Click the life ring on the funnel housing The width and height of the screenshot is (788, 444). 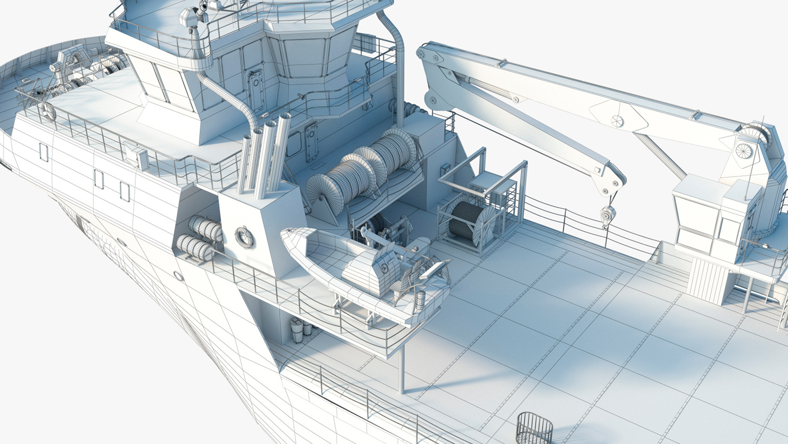point(244,237)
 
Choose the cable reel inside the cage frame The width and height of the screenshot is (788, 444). point(467,220)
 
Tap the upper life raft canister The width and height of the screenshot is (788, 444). point(205,228)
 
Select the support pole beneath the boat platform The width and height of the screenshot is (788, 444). point(403,368)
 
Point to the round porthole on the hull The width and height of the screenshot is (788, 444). point(178,276)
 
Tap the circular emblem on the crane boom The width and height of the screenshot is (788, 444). point(618,121)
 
